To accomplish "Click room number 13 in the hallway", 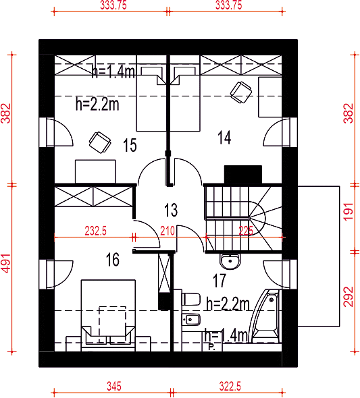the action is [171, 210].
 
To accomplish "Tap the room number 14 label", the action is [224, 138].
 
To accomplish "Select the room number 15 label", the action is [130, 145].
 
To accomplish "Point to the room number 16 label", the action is [113, 260].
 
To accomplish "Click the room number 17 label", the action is [220, 281].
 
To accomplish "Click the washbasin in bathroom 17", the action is [230, 261].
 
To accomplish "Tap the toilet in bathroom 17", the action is [190, 300].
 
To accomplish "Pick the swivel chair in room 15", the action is [100, 142].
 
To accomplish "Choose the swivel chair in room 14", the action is [241, 92].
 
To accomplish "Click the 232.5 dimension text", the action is [95, 231].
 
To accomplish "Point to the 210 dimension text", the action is [168, 231].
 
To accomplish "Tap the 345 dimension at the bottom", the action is [114, 387].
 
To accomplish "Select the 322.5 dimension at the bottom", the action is [230, 387].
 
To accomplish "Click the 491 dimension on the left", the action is [6, 263].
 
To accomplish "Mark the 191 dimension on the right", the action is [349, 212].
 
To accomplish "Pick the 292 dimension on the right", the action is [349, 297].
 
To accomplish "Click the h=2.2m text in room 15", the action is [97, 104].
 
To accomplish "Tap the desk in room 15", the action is [95, 171].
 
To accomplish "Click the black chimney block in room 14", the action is [243, 175].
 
